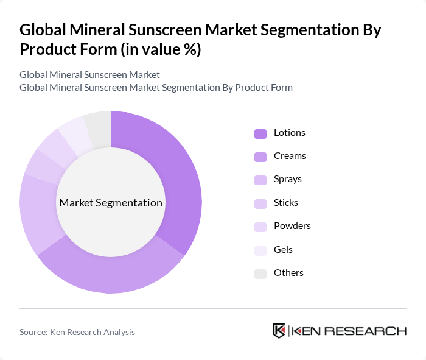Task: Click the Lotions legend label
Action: coord(289,133)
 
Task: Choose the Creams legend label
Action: coord(290,156)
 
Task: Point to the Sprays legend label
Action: coord(287,179)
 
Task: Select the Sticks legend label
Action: coord(285,203)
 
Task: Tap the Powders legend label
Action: coord(292,226)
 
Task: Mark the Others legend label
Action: coord(288,273)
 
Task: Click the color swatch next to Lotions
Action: coord(260,133)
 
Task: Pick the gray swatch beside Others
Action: coord(260,274)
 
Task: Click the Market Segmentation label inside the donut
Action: coord(111,203)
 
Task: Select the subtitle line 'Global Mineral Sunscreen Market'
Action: coord(89,74)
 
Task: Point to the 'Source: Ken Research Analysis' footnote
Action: coord(77,332)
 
